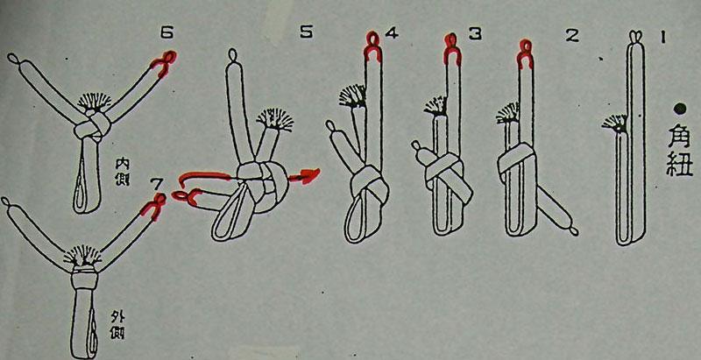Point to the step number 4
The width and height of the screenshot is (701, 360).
click(x=391, y=33)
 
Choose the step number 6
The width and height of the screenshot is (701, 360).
click(x=167, y=32)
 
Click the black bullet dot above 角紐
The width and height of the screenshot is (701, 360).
click(x=680, y=108)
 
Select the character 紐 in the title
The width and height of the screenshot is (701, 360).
click(x=679, y=164)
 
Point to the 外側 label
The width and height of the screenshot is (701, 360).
click(x=117, y=325)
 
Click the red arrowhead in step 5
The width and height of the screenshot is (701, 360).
click(x=308, y=175)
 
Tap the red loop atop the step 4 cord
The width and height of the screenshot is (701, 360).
click(x=373, y=46)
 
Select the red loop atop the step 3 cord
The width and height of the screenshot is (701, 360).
click(x=451, y=48)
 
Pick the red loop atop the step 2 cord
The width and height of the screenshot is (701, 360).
click(x=525, y=53)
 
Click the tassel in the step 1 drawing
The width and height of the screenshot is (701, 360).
click(x=615, y=124)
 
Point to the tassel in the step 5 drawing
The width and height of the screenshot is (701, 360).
click(x=274, y=120)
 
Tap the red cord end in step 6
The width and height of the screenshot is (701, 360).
click(x=163, y=63)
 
